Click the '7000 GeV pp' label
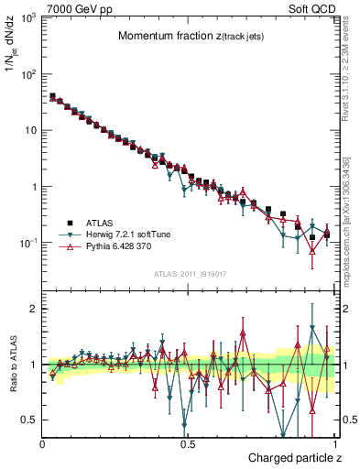pos(72,7)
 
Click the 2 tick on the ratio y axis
pos(33,309)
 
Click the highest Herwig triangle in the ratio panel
pos(312,328)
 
